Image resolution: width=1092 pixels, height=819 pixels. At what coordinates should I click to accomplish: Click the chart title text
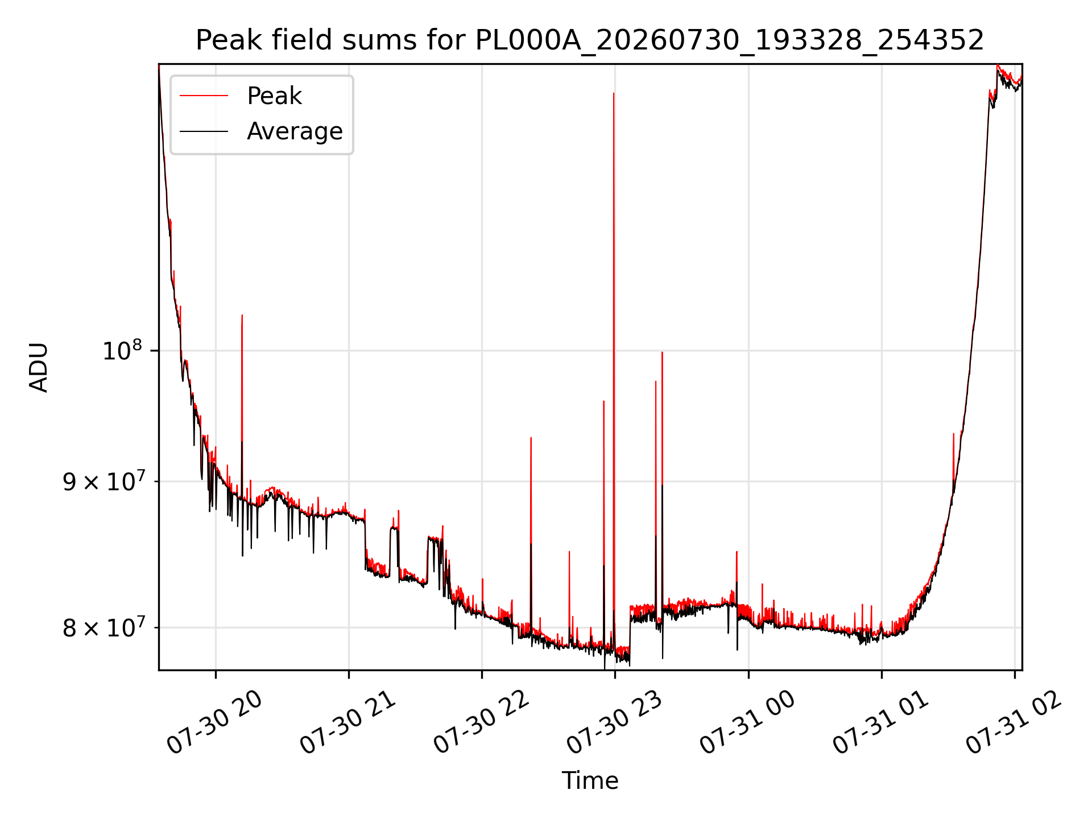590,40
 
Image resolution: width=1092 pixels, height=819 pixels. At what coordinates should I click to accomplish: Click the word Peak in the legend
274,96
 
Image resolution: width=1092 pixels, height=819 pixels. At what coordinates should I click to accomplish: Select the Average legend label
295,131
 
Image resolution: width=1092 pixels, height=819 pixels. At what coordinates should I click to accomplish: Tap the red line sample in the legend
204,96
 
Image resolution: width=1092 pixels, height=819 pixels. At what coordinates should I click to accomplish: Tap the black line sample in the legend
204,131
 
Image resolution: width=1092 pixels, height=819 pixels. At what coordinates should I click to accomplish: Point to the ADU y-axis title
39,367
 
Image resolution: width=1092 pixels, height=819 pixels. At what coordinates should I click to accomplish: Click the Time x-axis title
590,781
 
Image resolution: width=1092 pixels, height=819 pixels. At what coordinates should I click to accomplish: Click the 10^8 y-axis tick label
122,350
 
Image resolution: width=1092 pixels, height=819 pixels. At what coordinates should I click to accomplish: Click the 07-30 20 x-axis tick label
215,722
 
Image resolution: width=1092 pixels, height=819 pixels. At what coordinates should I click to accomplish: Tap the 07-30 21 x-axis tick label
348,722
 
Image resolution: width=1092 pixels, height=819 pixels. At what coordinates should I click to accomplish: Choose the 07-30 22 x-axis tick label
482,722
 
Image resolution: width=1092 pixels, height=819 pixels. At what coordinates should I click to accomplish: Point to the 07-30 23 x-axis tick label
615,722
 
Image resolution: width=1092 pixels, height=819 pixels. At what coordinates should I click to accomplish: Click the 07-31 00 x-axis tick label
748,722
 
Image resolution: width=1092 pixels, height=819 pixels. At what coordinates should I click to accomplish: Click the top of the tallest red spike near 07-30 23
614,93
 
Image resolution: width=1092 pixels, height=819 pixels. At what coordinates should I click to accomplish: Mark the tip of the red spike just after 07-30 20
242,315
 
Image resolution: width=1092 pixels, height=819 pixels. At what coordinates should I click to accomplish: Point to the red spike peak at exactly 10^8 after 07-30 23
662,352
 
